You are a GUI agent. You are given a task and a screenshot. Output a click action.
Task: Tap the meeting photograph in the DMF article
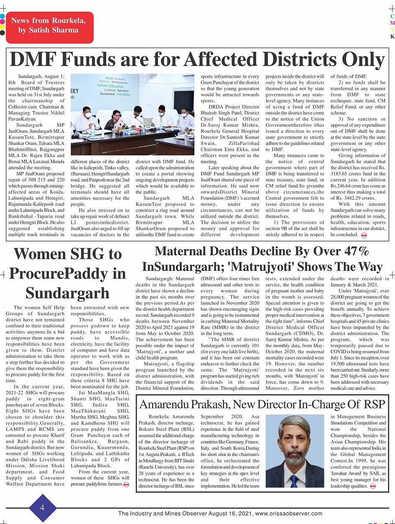[133, 114]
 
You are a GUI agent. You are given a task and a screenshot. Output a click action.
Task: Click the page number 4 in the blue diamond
[42, 508]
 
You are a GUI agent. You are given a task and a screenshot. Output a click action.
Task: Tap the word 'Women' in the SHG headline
[40, 254]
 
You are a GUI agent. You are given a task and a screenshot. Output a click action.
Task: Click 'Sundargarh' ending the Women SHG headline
[67, 293]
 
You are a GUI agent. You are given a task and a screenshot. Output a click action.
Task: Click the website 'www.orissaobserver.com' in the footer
[288, 514]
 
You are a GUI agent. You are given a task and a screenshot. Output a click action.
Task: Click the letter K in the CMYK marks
[392, 36]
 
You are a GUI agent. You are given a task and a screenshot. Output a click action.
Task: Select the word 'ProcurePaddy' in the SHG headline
[67, 273]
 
